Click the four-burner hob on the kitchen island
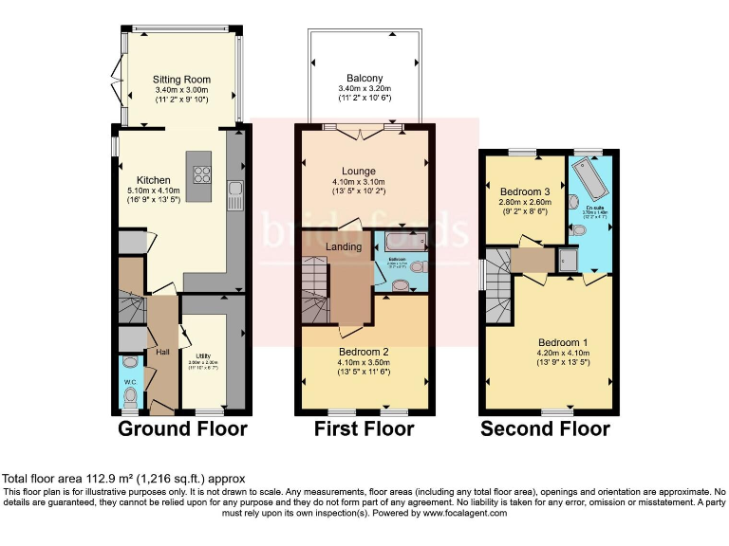202,173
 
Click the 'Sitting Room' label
181,80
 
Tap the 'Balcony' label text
364,79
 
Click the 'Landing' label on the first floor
344,247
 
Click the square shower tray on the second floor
567,257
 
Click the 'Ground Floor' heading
182,429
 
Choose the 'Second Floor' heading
545,429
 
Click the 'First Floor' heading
364,429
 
